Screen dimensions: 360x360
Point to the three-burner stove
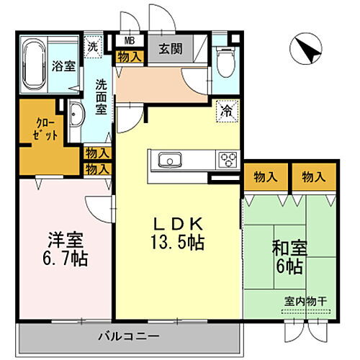point(227,159)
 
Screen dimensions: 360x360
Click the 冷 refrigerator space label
point(225,112)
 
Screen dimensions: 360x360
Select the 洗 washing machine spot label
point(93,45)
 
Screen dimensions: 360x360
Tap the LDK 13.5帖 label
point(176,232)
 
